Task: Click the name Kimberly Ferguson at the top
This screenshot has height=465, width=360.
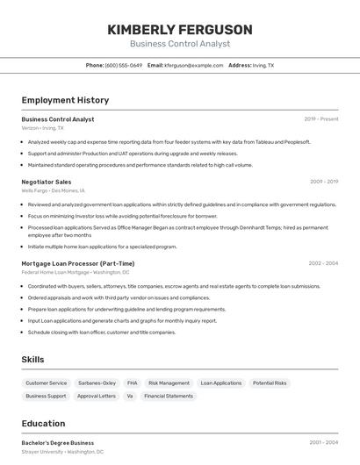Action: [179, 29]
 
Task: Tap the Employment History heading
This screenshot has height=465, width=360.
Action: [65, 100]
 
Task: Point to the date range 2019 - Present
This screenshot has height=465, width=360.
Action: [321, 118]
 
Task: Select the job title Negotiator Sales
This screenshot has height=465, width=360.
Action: [47, 182]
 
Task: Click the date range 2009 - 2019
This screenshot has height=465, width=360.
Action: [324, 182]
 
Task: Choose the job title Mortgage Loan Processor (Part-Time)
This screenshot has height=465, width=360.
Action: [78, 263]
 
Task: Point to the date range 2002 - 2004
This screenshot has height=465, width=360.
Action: [323, 263]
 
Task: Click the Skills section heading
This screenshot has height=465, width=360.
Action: [32, 360]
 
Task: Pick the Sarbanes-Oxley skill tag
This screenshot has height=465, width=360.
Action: [97, 383]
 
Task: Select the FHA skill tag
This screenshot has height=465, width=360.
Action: [132, 383]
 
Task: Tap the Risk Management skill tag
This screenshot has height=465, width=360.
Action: [169, 383]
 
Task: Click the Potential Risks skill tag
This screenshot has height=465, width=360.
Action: [270, 383]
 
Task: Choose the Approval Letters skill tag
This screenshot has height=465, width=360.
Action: [97, 396]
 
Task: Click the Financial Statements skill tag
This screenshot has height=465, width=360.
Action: [168, 396]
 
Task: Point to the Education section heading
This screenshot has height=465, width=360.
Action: [43, 424]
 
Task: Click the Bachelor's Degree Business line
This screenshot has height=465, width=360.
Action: [57, 443]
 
